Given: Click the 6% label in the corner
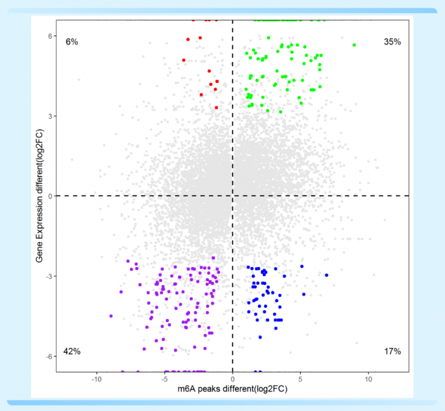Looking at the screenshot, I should (x=72, y=42).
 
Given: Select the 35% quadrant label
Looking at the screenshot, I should (x=392, y=42).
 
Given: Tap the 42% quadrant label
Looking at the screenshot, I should (x=72, y=351).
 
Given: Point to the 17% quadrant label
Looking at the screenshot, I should (x=392, y=351).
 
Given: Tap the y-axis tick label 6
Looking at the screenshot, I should (x=49, y=36).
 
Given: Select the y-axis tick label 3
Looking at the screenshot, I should (x=49, y=116).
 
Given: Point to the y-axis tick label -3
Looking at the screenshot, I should (x=48, y=276).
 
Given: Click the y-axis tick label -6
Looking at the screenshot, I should (x=48, y=356).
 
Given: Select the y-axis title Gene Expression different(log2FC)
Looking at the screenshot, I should (x=39, y=196).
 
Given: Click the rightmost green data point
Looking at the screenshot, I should (x=354, y=44).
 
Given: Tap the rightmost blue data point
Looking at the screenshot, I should (x=327, y=275).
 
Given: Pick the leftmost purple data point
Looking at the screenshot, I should (x=111, y=316).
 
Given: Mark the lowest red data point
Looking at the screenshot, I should (x=216, y=107).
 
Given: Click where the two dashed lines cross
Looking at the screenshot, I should (x=233, y=196).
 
